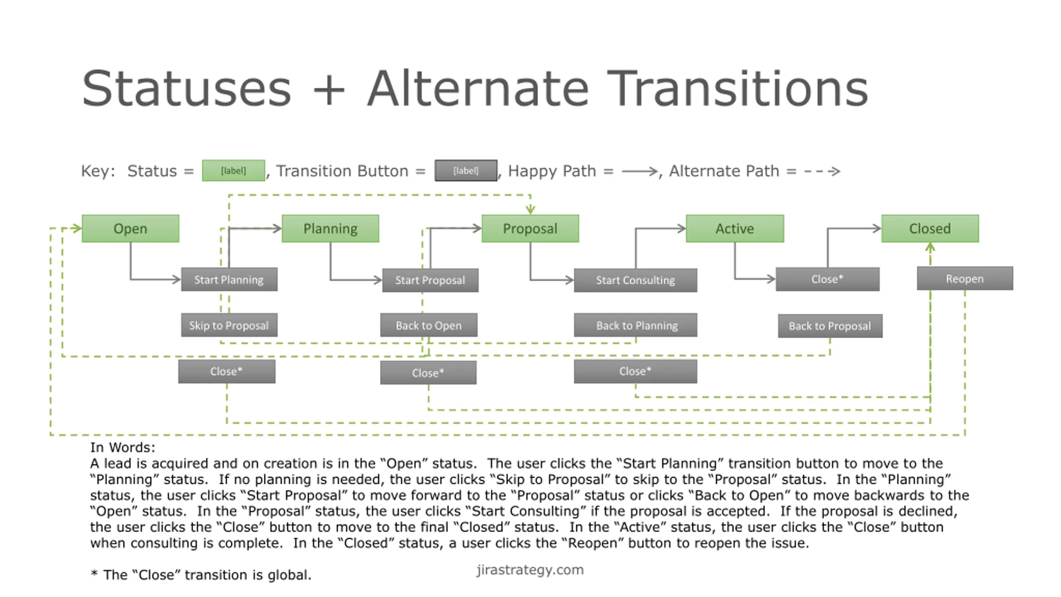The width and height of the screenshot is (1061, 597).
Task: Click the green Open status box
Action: (x=130, y=228)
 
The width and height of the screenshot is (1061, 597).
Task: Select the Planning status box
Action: (x=330, y=228)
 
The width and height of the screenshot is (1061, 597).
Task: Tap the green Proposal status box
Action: (x=530, y=228)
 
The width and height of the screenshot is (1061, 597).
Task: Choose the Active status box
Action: (x=735, y=228)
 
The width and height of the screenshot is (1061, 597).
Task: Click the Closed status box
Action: (x=930, y=228)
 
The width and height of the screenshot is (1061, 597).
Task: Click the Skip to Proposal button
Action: (x=229, y=325)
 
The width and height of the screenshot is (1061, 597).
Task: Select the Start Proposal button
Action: (x=430, y=280)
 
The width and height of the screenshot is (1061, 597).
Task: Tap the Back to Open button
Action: (x=429, y=325)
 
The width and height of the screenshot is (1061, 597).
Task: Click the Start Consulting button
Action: (x=635, y=280)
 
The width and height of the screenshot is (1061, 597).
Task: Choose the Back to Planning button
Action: (x=635, y=325)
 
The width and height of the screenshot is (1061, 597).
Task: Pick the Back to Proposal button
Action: (x=830, y=326)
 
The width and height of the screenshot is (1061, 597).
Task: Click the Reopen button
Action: (x=965, y=279)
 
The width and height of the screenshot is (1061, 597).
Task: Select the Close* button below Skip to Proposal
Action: (x=227, y=371)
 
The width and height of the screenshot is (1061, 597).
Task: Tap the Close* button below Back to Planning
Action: (x=635, y=371)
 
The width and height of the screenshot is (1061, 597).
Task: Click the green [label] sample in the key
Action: (x=233, y=170)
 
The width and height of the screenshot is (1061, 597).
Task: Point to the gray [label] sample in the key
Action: (x=466, y=170)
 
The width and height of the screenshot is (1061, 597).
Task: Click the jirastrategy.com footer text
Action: (x=530, y=570)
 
